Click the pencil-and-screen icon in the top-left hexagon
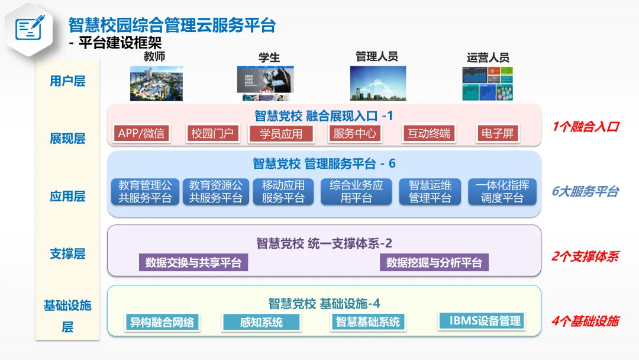coord(30,28)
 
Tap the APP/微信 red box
coord(141,133)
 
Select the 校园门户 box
coord(212,133)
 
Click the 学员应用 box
coord(281,134)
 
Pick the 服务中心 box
coord(354,133)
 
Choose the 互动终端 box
coord(428,133)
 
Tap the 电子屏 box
coord(497,133)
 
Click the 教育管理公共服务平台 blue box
coord(145,192)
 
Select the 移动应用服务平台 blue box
coord(283,192)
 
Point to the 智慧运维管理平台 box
coord(430,192)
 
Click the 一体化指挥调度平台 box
coord(502,192)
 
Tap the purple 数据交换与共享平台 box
coord(193,262)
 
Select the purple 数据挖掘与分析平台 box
coord(434,262)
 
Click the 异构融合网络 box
coord(162,322)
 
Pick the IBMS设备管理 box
coord(482,320)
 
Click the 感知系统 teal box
coord(261,322)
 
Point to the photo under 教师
coord(156,83)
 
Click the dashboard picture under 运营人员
coord(488,83)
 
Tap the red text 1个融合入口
coord(585,126)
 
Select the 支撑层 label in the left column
coord(67,254)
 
